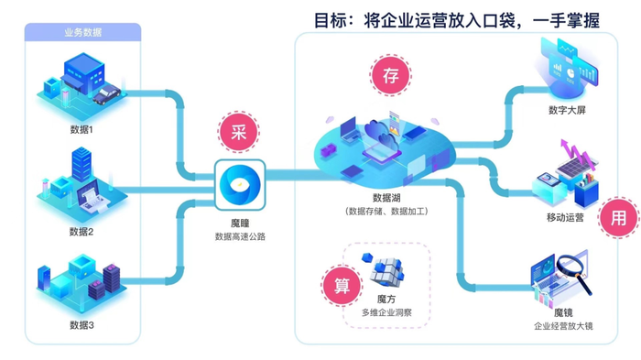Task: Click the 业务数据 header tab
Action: point(82,32)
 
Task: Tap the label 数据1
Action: point(81,129)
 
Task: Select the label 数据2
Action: point(81,232)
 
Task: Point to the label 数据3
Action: point(81,325)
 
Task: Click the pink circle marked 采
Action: point(238,132)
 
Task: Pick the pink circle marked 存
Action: point(390,74)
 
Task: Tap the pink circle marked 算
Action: point(342,285)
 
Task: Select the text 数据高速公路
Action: point(240,236)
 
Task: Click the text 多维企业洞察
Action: point(386,312)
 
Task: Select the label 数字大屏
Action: point(567,111)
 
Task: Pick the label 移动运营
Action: point(565,218)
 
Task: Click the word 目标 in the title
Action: point(331,19)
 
